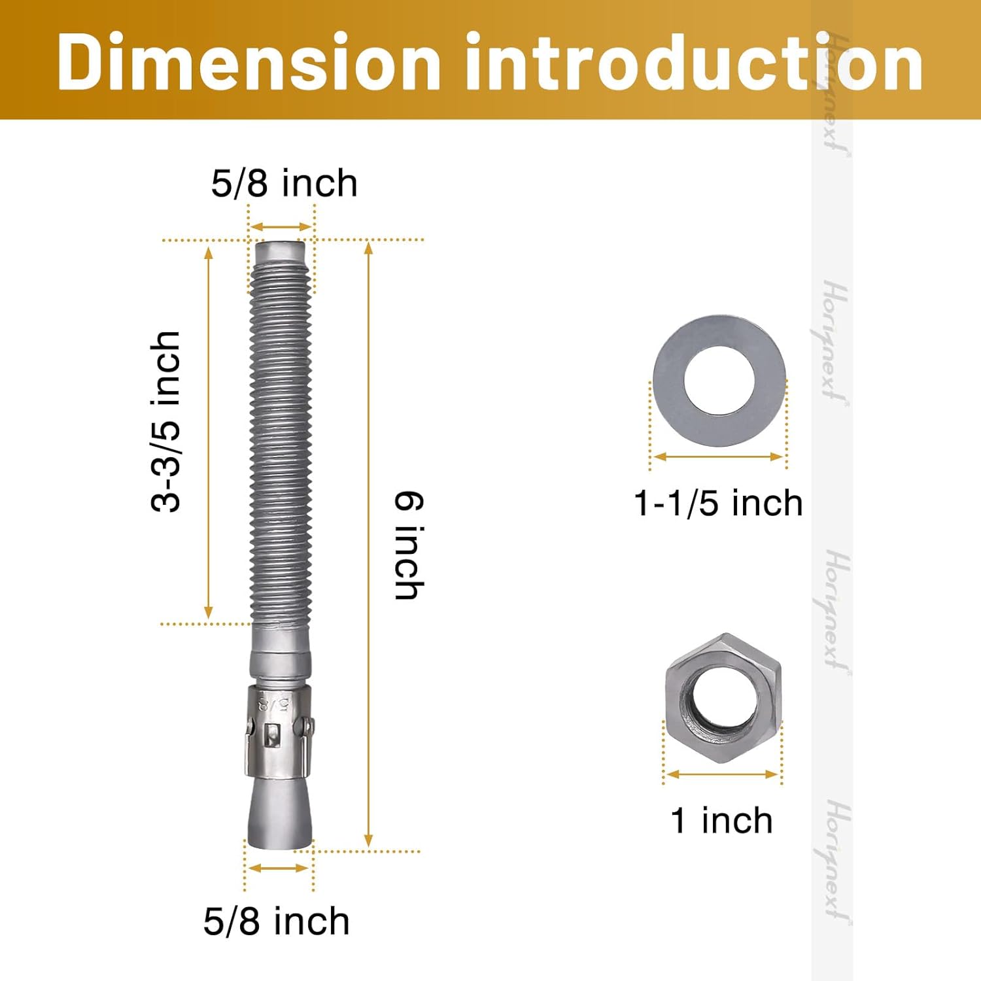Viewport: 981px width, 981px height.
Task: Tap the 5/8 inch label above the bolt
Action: point(284,183)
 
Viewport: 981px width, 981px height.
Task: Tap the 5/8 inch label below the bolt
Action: point(276,921)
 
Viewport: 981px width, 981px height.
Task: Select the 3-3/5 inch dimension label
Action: point(165,422)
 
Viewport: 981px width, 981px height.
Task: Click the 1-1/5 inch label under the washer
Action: point(718,503)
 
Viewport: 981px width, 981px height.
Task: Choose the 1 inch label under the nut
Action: point(721,820)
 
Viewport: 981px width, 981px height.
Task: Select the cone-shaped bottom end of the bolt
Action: point(279,814)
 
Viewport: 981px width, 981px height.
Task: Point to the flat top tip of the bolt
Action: point(281,250)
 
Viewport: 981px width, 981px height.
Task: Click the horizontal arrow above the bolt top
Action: point(281,227)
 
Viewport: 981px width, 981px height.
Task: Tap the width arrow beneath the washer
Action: point(718,456)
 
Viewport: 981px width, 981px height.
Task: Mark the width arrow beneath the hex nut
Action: point(722,774)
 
